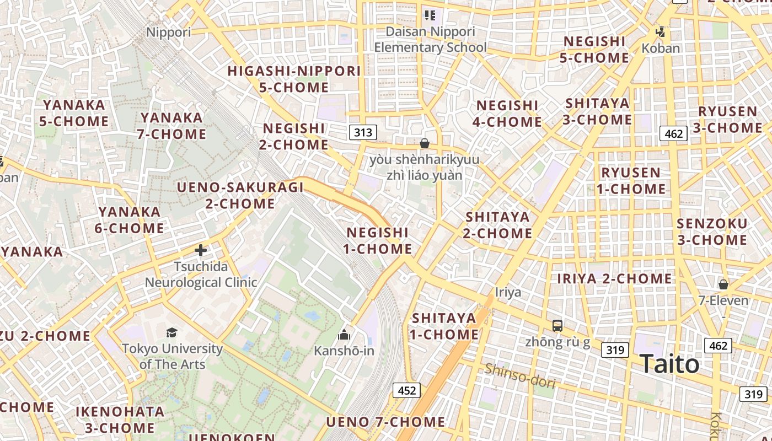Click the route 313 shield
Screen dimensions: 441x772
(363, 132)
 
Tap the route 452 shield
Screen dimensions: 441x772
(407, 391)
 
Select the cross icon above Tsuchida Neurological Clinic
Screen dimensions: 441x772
(201, 250)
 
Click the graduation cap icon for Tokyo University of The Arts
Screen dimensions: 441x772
(172, 332)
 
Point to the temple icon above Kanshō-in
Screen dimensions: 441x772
(344, 335)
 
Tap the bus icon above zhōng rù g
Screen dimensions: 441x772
(557, 326)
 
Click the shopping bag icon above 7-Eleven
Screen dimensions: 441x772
(723, 284)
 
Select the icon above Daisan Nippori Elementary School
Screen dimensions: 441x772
(430, 15)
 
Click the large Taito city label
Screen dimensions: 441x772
(669, 364)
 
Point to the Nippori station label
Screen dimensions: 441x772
(168, 32)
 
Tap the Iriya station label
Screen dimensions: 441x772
(508, 292)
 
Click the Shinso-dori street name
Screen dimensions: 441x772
(519, 376)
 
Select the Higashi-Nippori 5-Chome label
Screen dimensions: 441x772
(294, 79)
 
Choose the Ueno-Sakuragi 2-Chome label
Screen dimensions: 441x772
(240, 196)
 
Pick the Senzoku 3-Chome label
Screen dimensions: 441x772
(712, 232)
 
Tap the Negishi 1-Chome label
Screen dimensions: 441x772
(378, 241)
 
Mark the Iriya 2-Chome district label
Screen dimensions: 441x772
(614, 279)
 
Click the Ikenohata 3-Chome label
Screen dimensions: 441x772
(120, 420)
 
